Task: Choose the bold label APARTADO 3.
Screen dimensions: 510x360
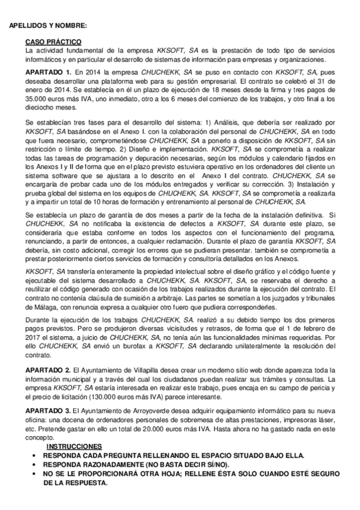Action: pos(49,410)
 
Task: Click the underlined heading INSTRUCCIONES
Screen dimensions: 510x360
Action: pos(75,447)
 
